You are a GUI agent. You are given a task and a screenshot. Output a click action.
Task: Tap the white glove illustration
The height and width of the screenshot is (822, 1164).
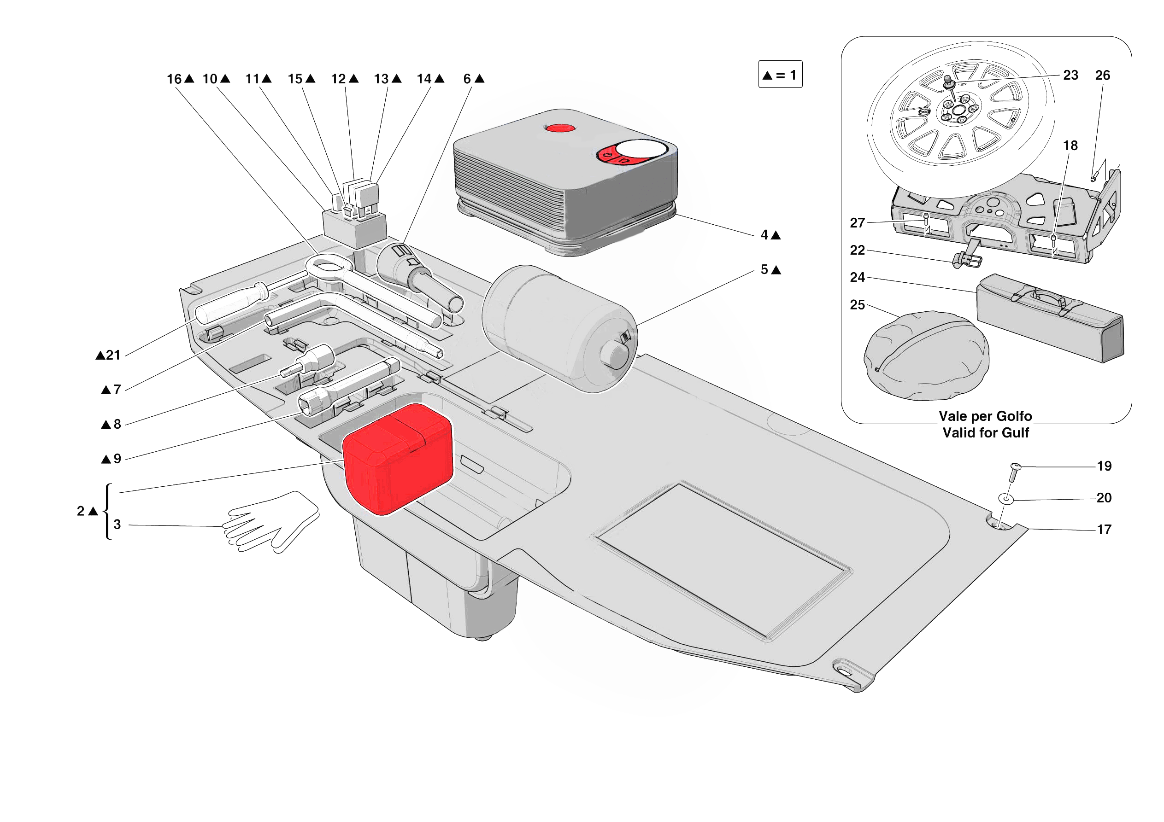271,522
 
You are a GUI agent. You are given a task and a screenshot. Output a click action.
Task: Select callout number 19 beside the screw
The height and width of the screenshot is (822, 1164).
1104,466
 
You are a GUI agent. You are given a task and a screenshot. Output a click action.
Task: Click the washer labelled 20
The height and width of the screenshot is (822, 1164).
1006,499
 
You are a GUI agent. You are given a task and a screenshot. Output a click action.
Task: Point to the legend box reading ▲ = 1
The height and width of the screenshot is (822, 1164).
780,75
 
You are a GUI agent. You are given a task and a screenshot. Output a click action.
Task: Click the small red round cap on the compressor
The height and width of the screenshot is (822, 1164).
560,128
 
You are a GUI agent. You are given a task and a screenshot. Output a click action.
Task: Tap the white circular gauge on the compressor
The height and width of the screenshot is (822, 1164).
641,149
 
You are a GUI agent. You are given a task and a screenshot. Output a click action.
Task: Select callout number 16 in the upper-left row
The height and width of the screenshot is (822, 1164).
174,79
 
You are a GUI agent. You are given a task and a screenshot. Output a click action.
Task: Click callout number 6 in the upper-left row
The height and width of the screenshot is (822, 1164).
467,79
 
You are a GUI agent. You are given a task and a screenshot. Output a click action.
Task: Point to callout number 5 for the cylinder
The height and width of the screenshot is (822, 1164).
764,269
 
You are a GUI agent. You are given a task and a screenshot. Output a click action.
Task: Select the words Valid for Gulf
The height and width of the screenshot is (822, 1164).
985,433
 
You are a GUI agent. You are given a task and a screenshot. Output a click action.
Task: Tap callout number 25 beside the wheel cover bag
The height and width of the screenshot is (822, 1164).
857,305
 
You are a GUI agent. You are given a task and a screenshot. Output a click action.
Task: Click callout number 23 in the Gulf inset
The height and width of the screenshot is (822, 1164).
1070,76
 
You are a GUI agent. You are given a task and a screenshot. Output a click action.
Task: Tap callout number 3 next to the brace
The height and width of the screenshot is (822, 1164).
117,525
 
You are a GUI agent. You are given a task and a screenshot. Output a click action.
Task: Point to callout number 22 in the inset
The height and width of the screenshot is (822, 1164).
857,251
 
